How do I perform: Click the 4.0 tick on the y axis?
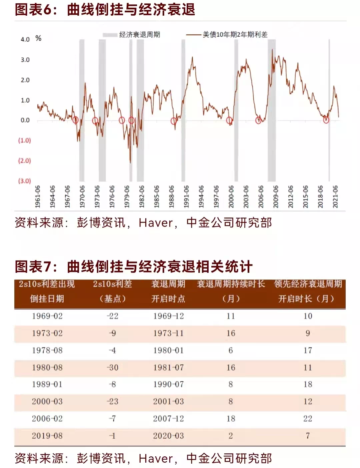[x=25, y=39]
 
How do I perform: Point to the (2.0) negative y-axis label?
[x=24, y=161]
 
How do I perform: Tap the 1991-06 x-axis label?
[x=186, y=197]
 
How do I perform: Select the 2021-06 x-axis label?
[x=335, y=197]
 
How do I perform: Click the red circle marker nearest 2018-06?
[x=326, y=120]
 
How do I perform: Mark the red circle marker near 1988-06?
[x=174, y=121]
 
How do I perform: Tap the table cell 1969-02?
[x=47, y=316]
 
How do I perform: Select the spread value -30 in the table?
[x=113, y=367]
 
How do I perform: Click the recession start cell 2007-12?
[x=168, y=419]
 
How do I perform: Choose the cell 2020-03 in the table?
[x=168, y=436]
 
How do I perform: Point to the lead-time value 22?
[x=308, y=419]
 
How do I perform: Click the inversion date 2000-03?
[x=47, y=401]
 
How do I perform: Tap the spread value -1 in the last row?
[x=113, y=436]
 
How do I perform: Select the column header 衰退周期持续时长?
[x=231, y=284]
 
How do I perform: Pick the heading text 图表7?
[x=33, y=267]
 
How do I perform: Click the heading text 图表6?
[x=33, y=9]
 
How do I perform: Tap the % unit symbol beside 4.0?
[x=38, y=38]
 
